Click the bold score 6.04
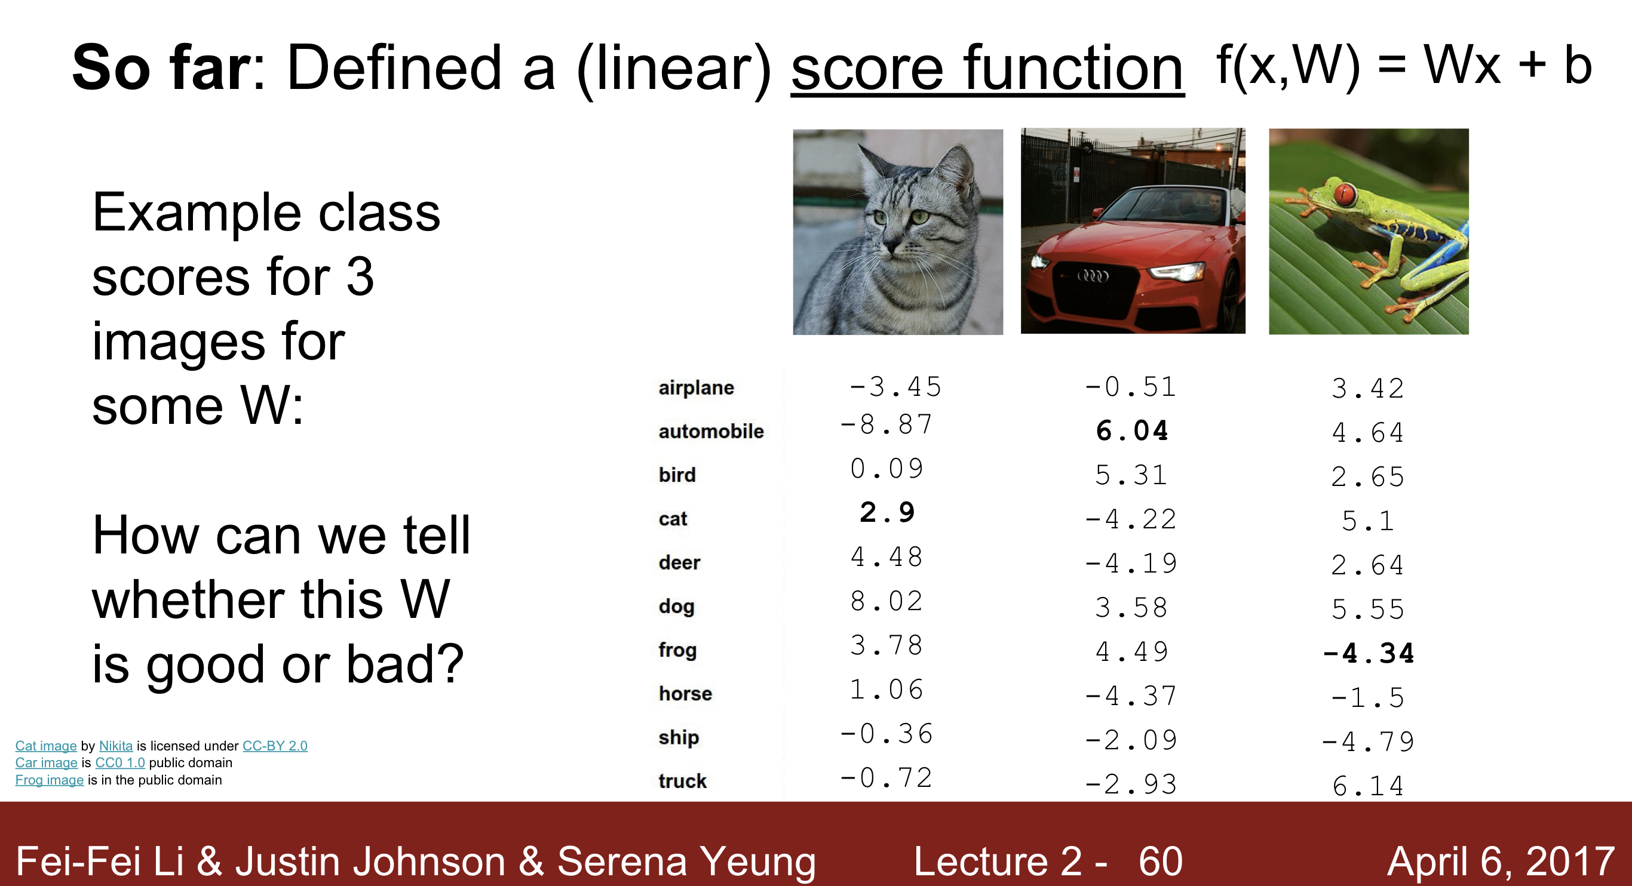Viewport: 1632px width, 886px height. point(1131,431)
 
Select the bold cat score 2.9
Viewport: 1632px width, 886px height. point(887,512)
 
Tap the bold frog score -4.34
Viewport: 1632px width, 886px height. point(1369,654)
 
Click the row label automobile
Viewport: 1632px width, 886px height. point(711,431)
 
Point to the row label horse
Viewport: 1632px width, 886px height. point(685,694)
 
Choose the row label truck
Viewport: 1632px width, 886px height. point(682,781)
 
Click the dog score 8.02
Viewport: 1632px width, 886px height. point(886,601)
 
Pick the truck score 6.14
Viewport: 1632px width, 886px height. point(1368,786)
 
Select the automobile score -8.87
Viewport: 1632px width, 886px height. point(886,424)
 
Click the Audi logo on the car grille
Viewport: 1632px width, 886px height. point(1094,275)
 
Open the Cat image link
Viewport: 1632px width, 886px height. point(45,746)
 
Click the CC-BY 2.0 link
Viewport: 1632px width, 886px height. point(275,746)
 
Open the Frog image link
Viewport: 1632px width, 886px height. point(49,780)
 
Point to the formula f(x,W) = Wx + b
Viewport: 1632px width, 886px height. point(1403,65)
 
